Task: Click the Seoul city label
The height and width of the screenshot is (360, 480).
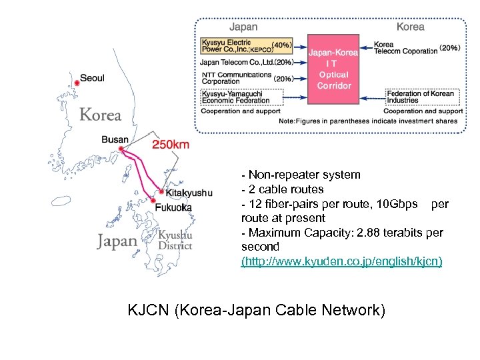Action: [x=93, y=78]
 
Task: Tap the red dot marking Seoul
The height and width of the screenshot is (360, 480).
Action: [x=77, y=83]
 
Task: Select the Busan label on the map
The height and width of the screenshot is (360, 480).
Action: [x=115, y=140]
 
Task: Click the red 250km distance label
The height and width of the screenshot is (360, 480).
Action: [x=171, y=145]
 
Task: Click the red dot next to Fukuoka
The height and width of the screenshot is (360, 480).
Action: [x=154, y=201]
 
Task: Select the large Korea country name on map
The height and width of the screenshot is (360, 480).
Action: [x=101, y=115]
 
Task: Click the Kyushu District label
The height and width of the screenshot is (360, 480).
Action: [x=175, y=240]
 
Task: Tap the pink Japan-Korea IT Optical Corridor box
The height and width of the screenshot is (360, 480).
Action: [x=333, y=69]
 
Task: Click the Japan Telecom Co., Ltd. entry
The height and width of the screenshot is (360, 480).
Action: [x=237, y=63]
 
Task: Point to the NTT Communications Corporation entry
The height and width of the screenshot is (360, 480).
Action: [x=237, y=78]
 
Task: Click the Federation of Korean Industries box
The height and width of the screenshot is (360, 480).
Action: [x=421, y=97]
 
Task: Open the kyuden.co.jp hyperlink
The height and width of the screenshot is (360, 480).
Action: [x=341, y=261]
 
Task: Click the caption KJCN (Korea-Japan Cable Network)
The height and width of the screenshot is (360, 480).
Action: [x=256, y=310]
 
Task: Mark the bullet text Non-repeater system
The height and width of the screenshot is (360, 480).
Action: [x=304, y=175]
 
